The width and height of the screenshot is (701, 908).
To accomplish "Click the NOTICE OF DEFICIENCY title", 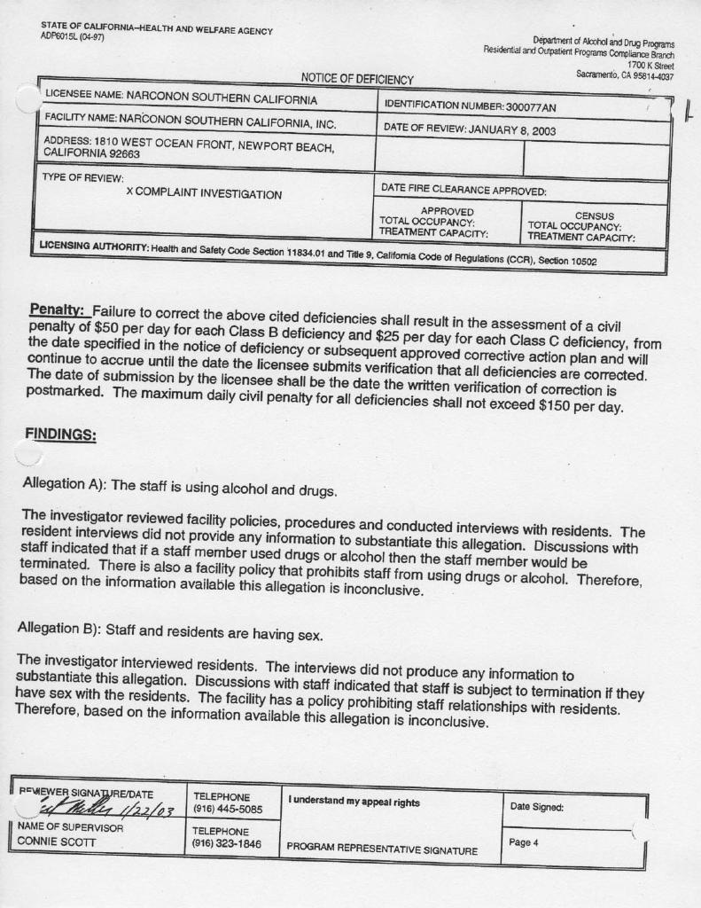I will pyautogui.click(x=357, y=80).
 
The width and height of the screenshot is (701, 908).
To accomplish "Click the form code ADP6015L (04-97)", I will pyautogui.click(x=73, y=36).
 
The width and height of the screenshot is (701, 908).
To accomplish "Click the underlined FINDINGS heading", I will pyautogui.click(x=60, y=435).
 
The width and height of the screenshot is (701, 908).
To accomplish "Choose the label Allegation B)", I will pyautogui.click(x=58, y=629).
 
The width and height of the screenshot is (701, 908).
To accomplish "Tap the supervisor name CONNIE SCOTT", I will pyautogui.click(x=54, y=840).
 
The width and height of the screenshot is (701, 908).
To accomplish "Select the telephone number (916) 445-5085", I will pyautogui.click(x=228, y=810).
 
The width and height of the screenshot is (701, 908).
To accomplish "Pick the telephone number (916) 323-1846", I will pyautogui.click(x=228, y=844).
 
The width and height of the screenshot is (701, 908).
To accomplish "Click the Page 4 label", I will pyautogui.click(x=524, y=841).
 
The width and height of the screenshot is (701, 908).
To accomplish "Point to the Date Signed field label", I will pyautogui.click(x=537, y=806).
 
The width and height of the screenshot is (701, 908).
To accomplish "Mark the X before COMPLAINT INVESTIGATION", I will pyautogui.click(x=130, y=193).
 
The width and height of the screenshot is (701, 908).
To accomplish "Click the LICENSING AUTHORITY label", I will pyautogui.click(x=92, y=245).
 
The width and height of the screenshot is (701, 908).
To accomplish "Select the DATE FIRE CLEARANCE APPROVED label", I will pyautogui.click(x=463, y=189).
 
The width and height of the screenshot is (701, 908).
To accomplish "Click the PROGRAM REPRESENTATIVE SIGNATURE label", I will pyautogui.click(x=382, y=850).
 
